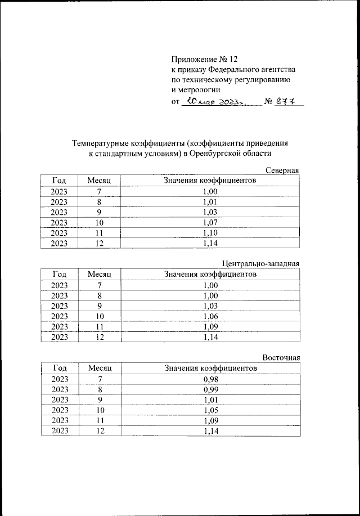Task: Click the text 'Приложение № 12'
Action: tap(205, 59)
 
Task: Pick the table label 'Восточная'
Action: tap(281, 358)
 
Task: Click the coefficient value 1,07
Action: tap(210, 222)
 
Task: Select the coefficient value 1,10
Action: tap(210, 233)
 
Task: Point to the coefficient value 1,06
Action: tap(210, 316)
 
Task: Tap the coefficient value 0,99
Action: tap(210, 389)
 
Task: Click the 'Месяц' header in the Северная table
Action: tap(100, 181)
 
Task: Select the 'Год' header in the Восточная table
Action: tap(60, 368)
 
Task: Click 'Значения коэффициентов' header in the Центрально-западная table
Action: tap(210, 275)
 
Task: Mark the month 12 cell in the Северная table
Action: tap(100, 243)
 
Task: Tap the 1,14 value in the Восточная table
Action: tap(210, 431)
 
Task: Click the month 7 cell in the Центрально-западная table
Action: tap(100, 285)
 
